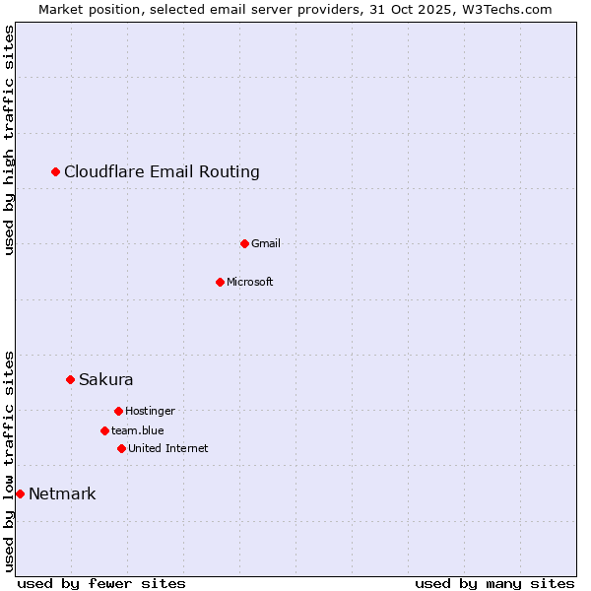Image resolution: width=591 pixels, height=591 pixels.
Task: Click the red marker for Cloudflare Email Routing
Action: click(x=56, y=172)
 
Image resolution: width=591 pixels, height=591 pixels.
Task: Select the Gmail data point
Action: click(x=244, y=243)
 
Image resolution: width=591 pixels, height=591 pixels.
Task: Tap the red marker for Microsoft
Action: click(x=220, y=282)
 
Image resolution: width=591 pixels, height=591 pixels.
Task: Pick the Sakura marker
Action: click(x=70, y=379)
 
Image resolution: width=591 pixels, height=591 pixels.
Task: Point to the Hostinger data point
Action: click(x=118, y=411)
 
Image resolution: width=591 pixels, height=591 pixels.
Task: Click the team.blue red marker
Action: click(x=104, y=430)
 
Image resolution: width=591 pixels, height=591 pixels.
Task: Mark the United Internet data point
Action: click(x=121, y=448)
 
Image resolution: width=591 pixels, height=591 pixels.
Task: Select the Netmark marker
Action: click(x=20, y=493)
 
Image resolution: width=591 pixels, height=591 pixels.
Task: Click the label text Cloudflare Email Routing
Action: click(x=162, y=172)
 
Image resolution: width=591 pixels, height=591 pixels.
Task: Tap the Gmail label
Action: click(x=266, y=243)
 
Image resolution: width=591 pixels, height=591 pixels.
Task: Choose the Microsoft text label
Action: click(x=250, y=282)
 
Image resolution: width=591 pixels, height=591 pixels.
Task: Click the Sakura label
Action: click(x=106, y=379)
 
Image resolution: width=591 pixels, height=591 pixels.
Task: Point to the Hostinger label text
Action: click(x=150, y=411)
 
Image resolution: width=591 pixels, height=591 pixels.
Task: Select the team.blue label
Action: click(x=138, y=430)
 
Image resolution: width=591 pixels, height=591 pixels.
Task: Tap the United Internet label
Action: click(x=168, y=448)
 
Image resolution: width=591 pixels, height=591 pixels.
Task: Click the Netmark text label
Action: click(x=62, y=493)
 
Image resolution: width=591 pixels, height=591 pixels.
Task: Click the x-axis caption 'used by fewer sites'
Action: click(x=101, y=583)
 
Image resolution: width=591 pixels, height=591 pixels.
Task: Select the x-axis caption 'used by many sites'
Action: click(x=494, y=583)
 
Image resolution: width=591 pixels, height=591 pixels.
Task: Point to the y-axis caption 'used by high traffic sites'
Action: click(x=10, y=140)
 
